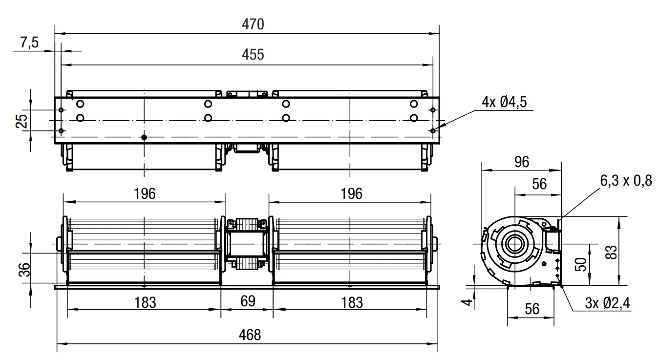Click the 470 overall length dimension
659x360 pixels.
click(x=253, y=24)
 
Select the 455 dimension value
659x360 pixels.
click(x=253, y=55)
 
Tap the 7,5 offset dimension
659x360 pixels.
click(x=29, y=42)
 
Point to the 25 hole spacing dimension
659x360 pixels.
click(x=22, y=121)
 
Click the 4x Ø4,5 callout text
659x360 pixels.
click(x=504, y=102)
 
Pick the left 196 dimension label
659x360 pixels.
click(x=145, y=194)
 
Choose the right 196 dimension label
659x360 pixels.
click(x=351, y=194)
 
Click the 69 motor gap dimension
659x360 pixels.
click(x=248, y=301)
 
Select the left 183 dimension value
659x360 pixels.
click(x=145, y=303)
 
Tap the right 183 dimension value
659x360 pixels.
click(x=352, y=303)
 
